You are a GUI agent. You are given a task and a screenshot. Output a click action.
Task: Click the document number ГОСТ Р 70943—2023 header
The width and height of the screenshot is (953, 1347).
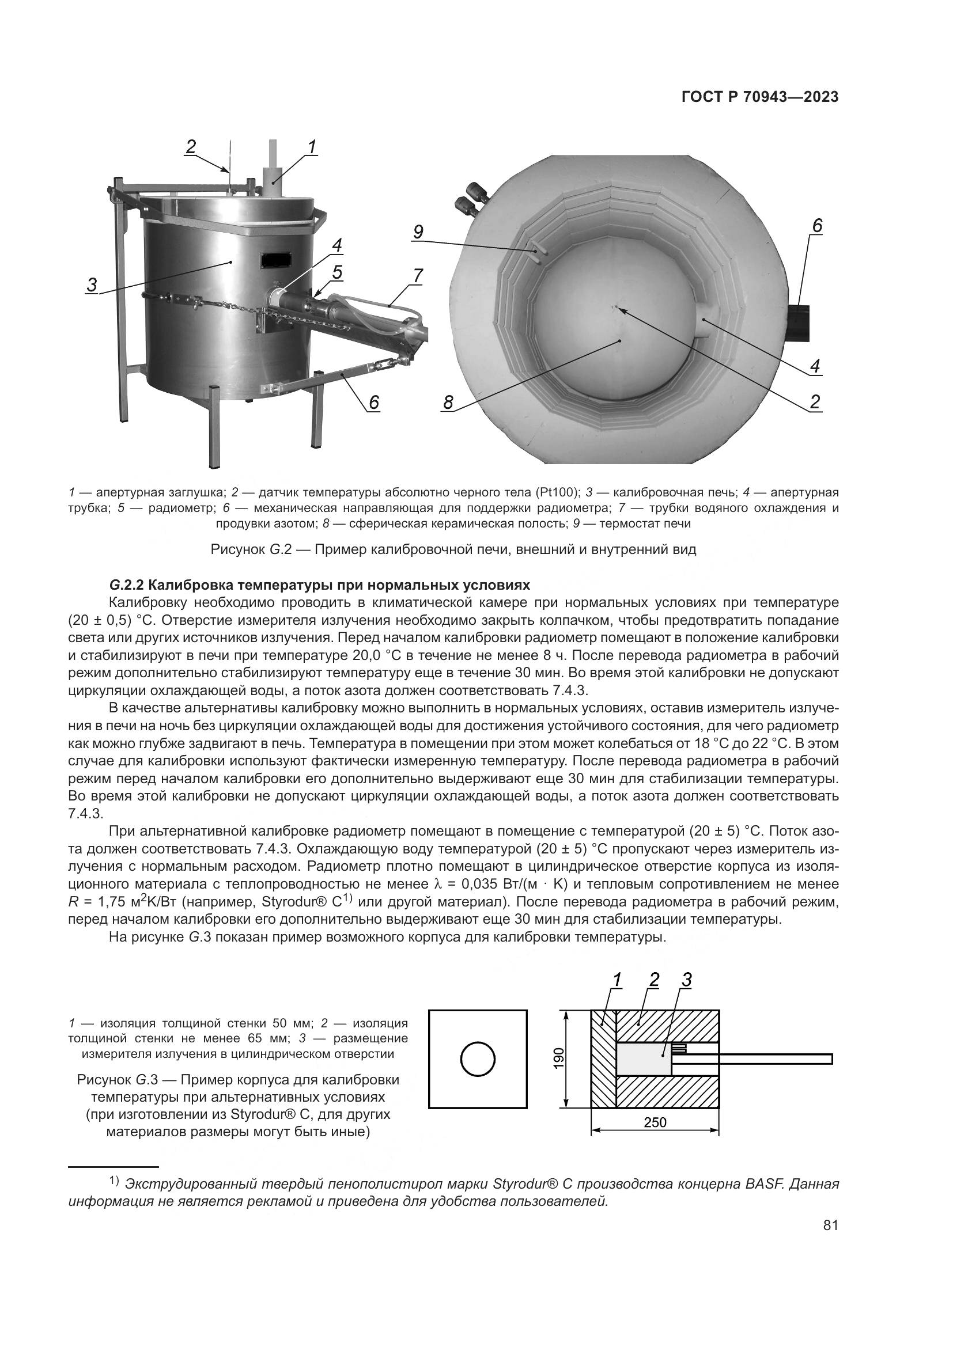click(x=760, y=97)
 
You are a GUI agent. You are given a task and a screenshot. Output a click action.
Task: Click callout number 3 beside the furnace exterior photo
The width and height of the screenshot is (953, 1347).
click(x=92, y=285)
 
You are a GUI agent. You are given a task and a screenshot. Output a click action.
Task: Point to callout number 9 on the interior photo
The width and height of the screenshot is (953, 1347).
click(x=417, y=232)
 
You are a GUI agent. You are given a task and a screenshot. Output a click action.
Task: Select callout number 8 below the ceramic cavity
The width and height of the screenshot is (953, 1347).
click(x=448, y=403)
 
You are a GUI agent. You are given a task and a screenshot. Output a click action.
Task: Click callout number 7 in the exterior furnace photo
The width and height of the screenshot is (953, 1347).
click(x=417, y=275)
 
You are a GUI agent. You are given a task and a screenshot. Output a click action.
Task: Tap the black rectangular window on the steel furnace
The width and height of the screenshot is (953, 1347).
click(x=277, y=257)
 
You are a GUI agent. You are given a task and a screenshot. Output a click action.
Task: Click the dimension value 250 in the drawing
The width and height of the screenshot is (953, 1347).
click(x=655, y=1122)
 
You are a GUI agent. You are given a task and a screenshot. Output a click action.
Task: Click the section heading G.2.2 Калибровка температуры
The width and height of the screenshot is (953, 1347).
click(x=319, y=585)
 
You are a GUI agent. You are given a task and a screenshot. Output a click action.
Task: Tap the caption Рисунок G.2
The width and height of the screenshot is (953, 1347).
click(x=453, y=550)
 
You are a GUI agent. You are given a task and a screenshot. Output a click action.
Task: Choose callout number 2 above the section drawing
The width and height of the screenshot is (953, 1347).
click(x=654, y=979)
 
